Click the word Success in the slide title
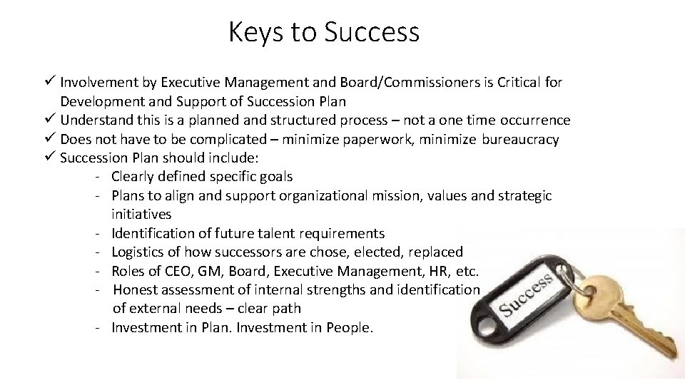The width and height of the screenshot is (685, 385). point(372,32)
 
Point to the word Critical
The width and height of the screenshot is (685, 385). point(511,83)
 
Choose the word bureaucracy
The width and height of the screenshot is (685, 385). point(520,139)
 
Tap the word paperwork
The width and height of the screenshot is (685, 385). point(368,139)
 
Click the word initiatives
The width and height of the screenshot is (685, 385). point(141,213)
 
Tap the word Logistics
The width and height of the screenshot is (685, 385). point(139,252)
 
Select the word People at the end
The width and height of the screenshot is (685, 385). point(349,328)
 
